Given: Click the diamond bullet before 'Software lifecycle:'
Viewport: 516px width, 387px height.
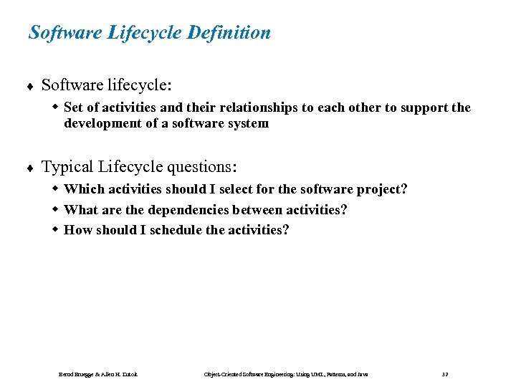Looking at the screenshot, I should [31, 87].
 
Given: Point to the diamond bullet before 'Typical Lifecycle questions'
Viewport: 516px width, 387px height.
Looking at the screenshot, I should [31, 168].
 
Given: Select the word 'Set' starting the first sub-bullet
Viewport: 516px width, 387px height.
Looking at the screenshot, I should [73, 107].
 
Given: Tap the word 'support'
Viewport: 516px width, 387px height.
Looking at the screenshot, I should [426, 107].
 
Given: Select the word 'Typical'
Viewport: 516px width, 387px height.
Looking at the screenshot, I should [67, 167].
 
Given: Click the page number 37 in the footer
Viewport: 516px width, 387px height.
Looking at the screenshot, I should [445, 375].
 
